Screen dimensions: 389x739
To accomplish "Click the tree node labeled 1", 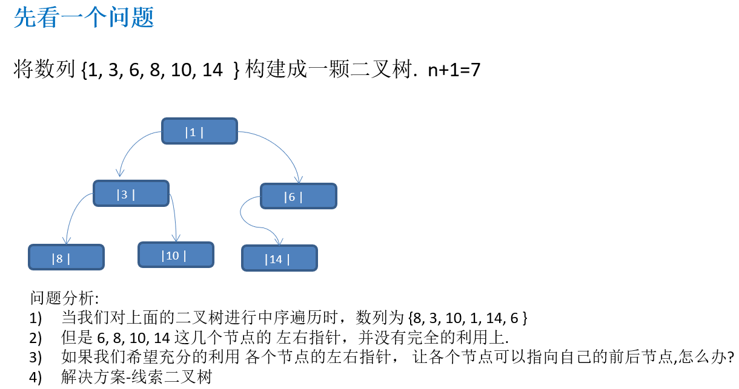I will click(199, 131).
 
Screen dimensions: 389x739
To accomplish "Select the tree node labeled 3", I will click(131, 194).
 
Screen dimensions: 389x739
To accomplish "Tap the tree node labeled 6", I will click(298, 196).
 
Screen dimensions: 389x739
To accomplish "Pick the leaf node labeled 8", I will click(66, 257).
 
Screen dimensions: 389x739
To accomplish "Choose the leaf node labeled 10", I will click(176, 255).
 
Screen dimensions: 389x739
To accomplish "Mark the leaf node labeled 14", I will click(279, 258).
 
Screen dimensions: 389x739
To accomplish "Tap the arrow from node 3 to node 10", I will click(174, 218).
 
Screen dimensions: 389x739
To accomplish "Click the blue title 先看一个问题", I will click(84, 18).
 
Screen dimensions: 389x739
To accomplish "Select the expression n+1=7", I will click(454, 70).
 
